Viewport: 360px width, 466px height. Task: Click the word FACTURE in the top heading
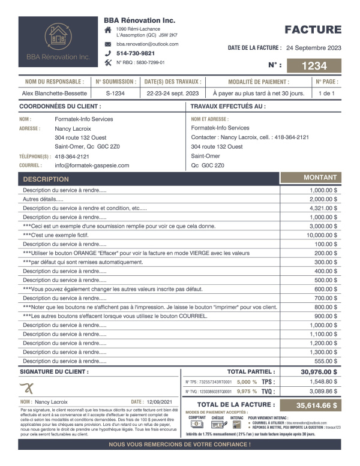313,30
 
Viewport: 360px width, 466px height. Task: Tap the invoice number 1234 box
314,66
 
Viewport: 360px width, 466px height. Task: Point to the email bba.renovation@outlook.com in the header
147,44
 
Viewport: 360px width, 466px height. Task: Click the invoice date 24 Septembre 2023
314,47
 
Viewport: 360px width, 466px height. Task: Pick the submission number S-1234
115,93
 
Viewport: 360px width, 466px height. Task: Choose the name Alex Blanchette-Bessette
55,93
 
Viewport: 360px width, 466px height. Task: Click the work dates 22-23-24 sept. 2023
172,93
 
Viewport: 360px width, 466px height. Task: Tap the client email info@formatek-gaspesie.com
92,165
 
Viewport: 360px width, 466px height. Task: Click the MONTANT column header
320,178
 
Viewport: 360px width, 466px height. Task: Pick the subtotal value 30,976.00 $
319,372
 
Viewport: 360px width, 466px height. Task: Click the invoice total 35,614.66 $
310,405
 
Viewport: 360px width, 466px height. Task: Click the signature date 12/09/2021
160,402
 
